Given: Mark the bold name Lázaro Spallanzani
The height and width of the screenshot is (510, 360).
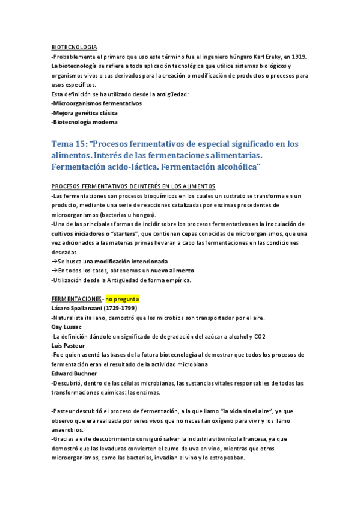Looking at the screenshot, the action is pos(77,308).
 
